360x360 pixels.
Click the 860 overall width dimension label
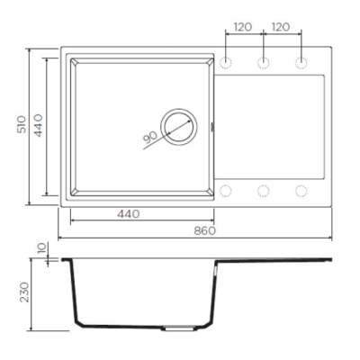(205, 230)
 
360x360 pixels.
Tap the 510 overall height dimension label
(22, 124)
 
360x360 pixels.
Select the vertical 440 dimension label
(38, 125)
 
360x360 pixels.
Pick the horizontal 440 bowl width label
(129, 214)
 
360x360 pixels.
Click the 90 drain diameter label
(150, 137)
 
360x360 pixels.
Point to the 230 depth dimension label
(24, 292)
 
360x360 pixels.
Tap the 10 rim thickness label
(42, 248)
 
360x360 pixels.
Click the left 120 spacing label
(243, 27)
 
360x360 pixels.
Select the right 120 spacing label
(281, 27)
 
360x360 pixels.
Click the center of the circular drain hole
(179, 127)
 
